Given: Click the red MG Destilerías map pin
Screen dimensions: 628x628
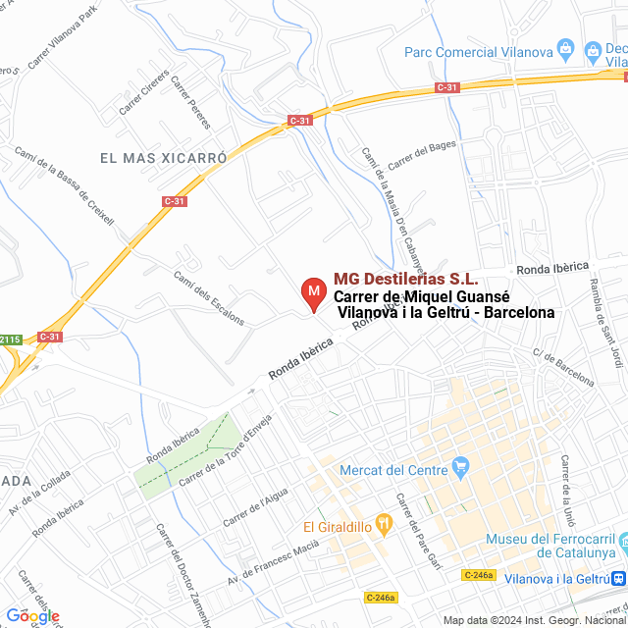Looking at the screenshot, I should [x=312, y=292].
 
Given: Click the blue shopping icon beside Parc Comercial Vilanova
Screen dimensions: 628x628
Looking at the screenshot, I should [x=565, y=47].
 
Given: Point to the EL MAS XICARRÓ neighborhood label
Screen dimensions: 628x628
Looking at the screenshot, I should [x=163, y=157].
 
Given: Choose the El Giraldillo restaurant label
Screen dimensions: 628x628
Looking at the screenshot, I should [x=337, y=526].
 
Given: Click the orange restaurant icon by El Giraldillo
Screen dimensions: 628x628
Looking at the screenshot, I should [x=385, y=526].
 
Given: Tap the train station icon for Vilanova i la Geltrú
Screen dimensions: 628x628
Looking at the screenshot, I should [x=619, y=579].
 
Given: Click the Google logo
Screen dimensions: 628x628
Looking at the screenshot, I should [x=32, y=616].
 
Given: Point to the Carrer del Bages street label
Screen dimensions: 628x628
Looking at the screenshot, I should [x=422, y=155].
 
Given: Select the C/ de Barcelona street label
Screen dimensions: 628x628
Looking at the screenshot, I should [x=563, y=367].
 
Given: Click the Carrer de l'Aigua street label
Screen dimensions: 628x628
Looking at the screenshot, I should [x=256, y=508].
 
